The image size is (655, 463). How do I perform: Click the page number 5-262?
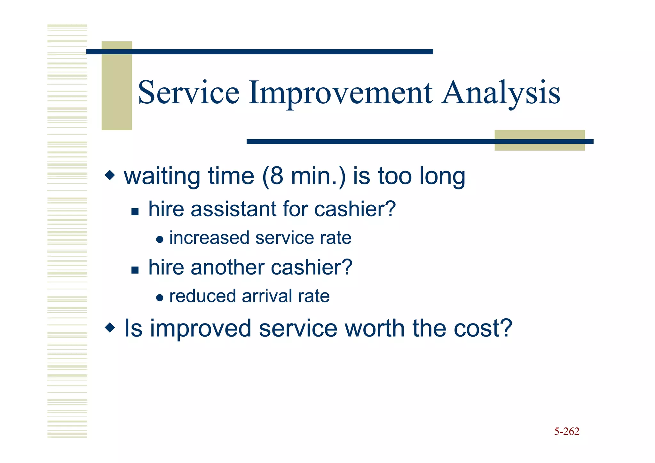[566, 432]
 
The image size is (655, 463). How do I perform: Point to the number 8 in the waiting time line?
[277, 176]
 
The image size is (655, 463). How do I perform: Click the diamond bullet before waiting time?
[110, 175]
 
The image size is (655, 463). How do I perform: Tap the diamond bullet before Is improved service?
[110, 328]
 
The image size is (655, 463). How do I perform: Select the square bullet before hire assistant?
[135, 212]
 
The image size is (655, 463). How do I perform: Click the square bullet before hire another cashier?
[135, 270]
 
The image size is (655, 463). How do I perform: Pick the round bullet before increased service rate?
[160, 240]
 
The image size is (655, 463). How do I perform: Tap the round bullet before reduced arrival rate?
[160, 298]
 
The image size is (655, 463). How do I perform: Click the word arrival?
[267, 296]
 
